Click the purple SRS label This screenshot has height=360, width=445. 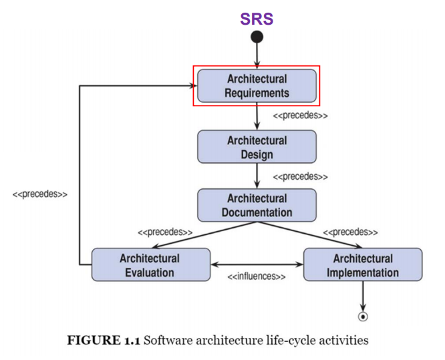[x=257, y=18]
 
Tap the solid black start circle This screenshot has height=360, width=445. [x=257, y=38]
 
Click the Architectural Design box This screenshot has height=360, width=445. [x=257, y=147]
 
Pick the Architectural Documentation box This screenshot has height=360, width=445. [x=257, y=205]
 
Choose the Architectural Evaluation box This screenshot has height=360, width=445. [x=150, y=264]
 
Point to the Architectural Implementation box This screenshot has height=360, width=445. [x=363, y=264]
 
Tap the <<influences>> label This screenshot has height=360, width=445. [x=257, y=277]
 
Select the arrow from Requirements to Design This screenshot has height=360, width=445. [x=257, y=118]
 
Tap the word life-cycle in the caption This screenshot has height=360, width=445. [x=289, y=341]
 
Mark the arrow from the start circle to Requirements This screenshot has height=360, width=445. [x=257, y=56]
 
